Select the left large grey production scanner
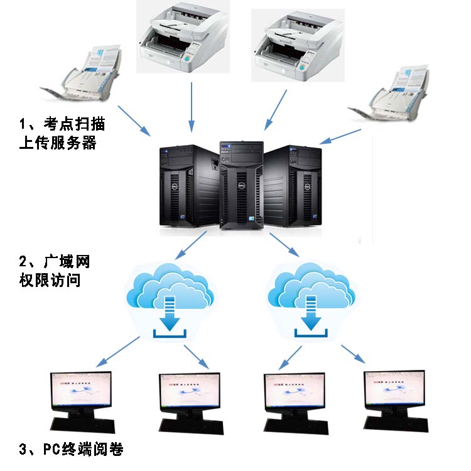click(182, 41)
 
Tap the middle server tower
click(240, 185)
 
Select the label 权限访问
click(50, 280)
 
